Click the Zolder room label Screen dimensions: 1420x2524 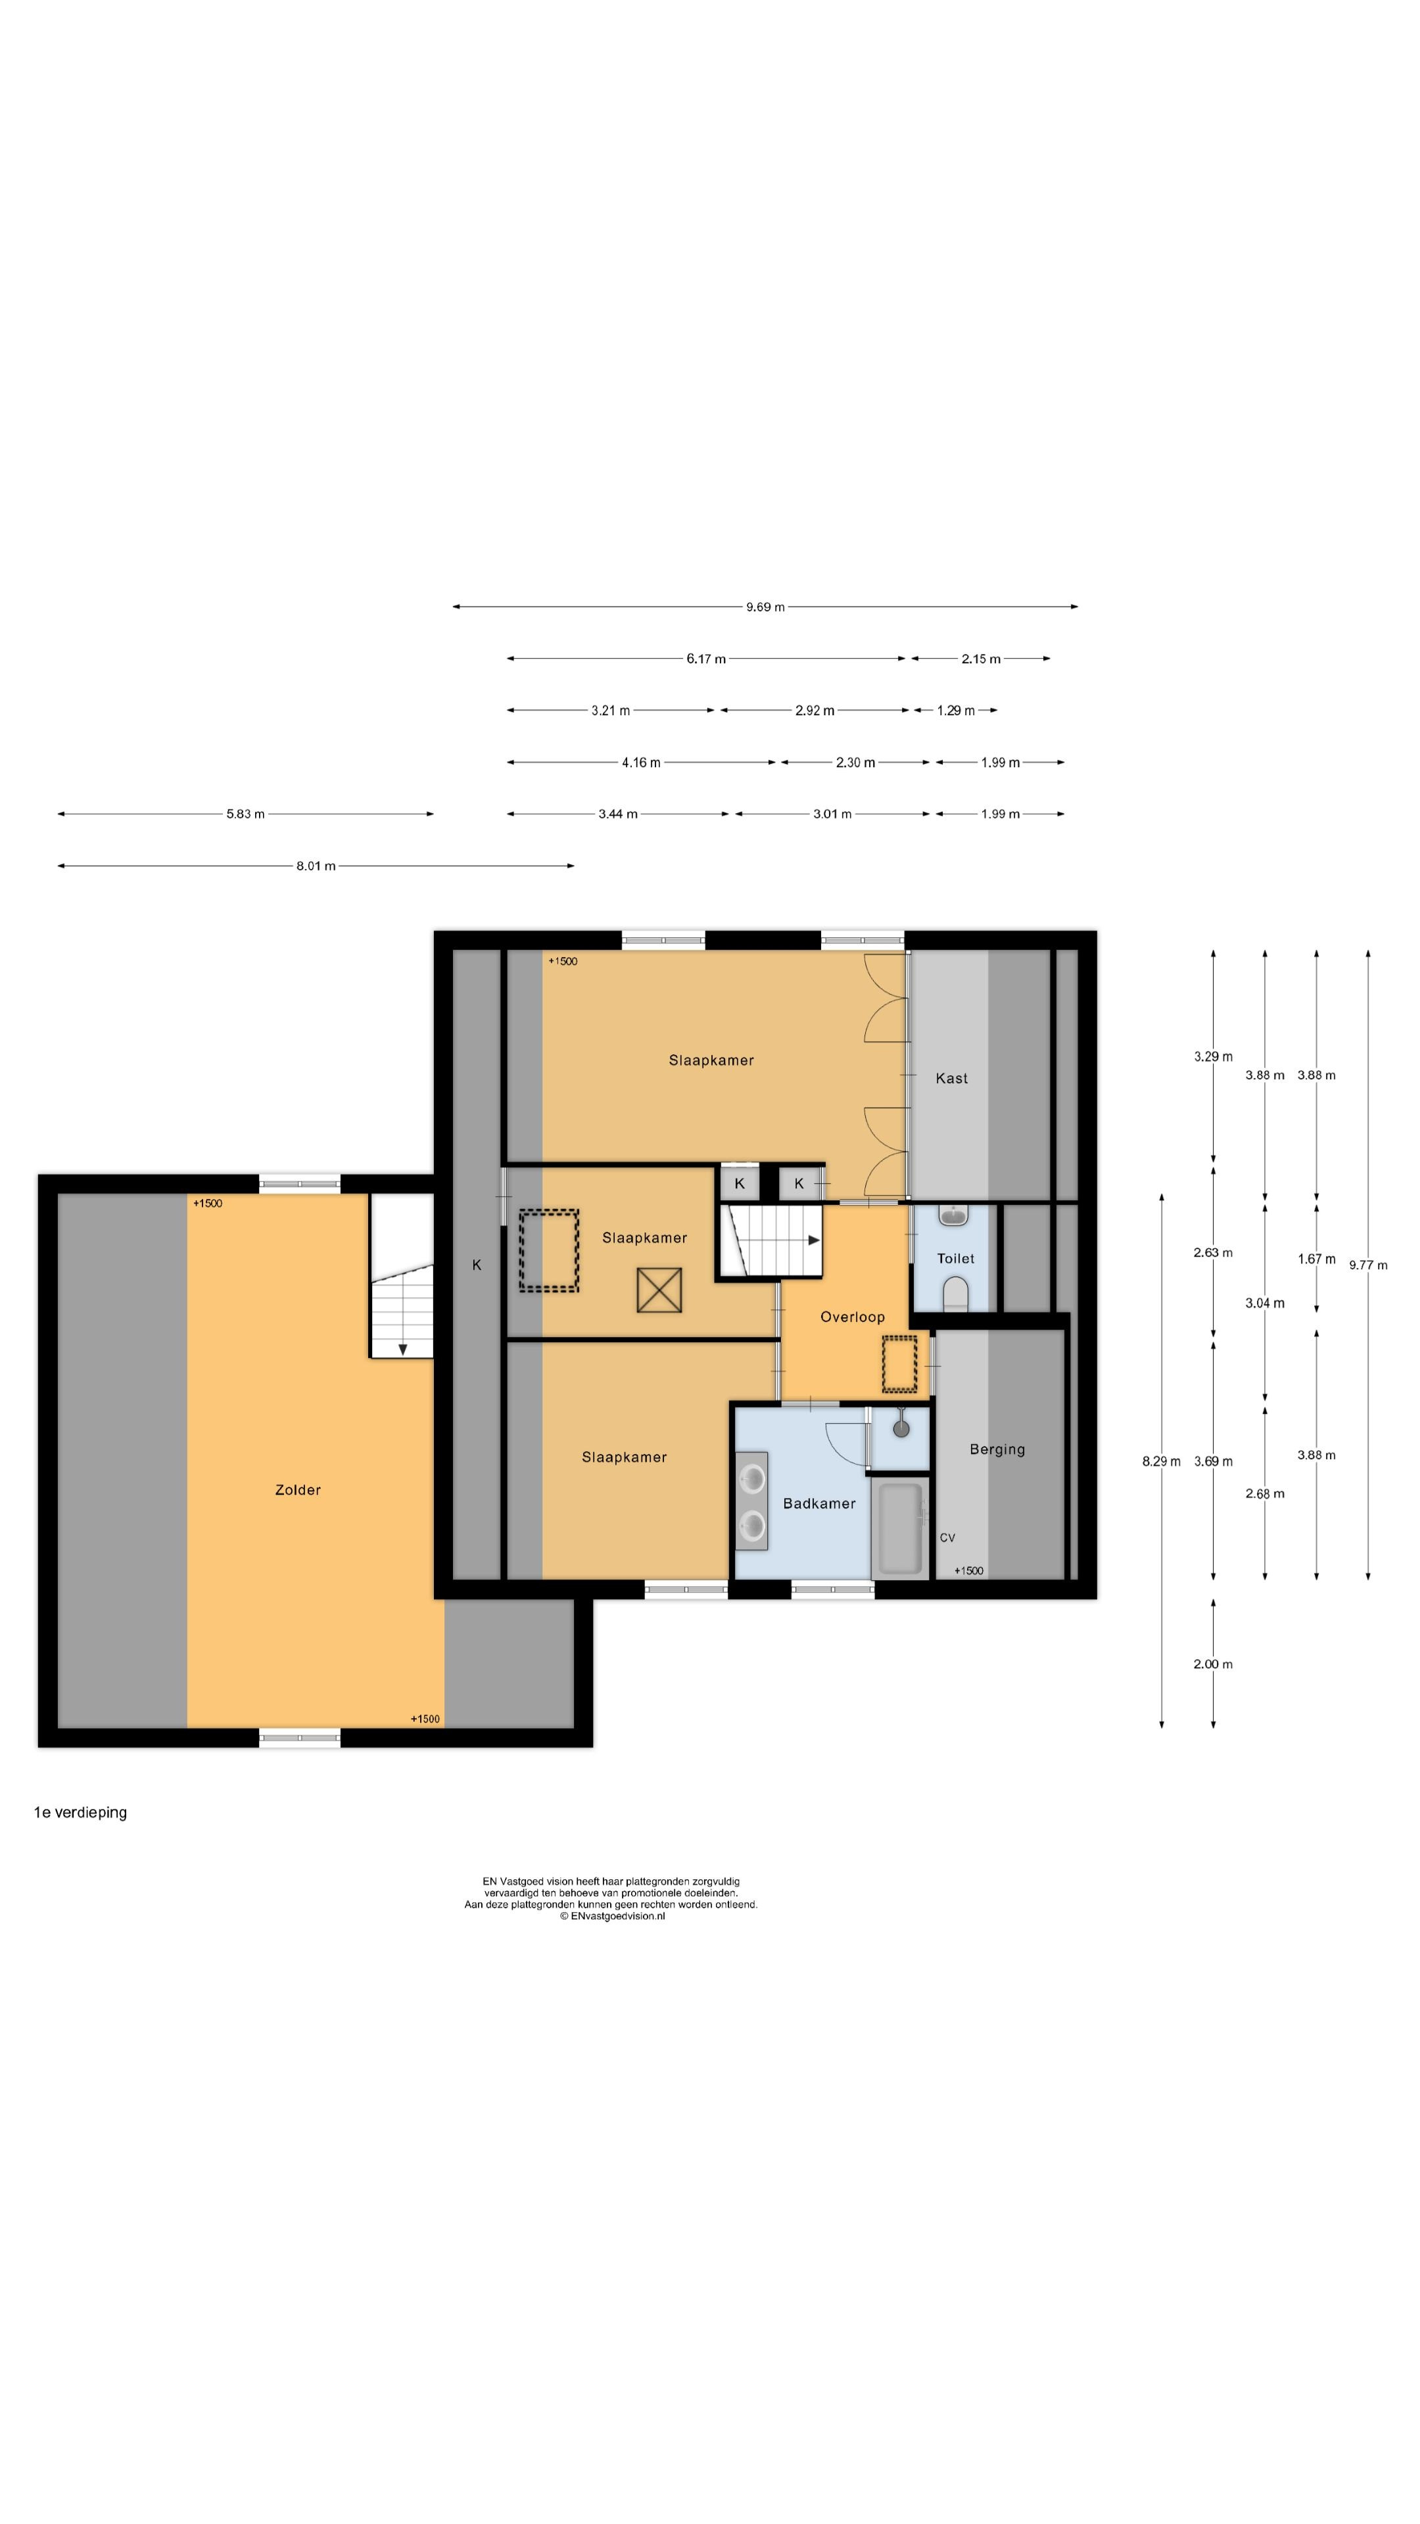coord(298,1489)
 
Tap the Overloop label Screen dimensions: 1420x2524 coord(851,1317)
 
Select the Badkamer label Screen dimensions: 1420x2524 coord(819,1503)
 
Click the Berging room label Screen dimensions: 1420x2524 coord(997,1449)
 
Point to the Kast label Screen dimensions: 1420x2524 coord(951,1078)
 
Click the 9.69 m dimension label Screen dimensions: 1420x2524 coord(765,607)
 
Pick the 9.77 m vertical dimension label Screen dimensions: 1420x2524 coord(1368,1265)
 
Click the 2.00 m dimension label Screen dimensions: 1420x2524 coord(1213,1664)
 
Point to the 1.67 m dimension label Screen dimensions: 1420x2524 coord(1316,1259)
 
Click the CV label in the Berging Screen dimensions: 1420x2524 coord(947,1537)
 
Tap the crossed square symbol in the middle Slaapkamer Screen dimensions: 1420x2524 coord(659,1290)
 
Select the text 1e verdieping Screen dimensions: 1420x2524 coord(80,1813)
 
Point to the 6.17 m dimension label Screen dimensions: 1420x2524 coord(705,659)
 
